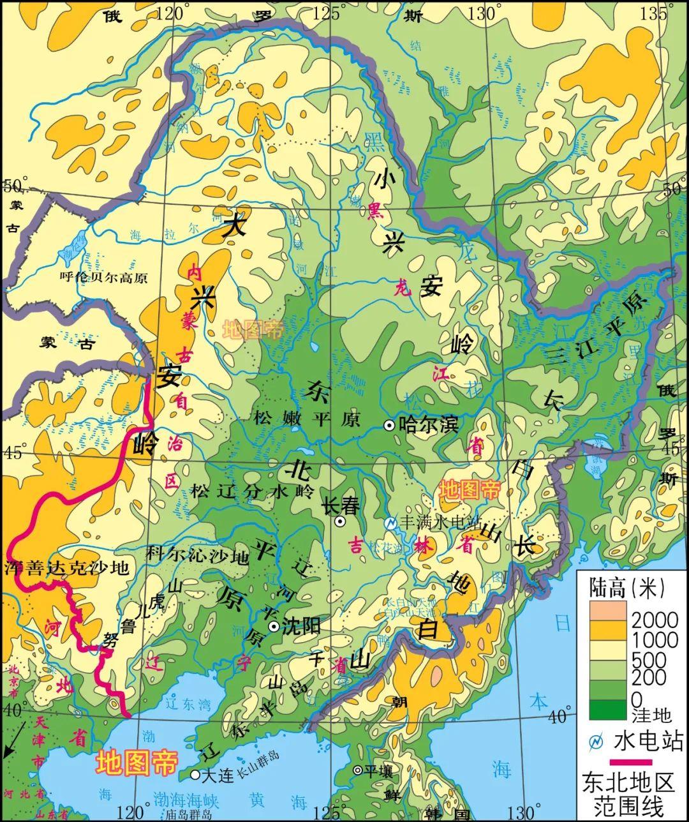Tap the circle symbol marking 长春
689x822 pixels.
(341, 521)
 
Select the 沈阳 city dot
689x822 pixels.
(274, 625)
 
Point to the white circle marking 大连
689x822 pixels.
(195, 775)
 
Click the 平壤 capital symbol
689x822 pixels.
(358, 770)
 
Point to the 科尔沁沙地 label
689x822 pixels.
(198, 557)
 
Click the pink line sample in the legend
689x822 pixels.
(632, 761)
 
